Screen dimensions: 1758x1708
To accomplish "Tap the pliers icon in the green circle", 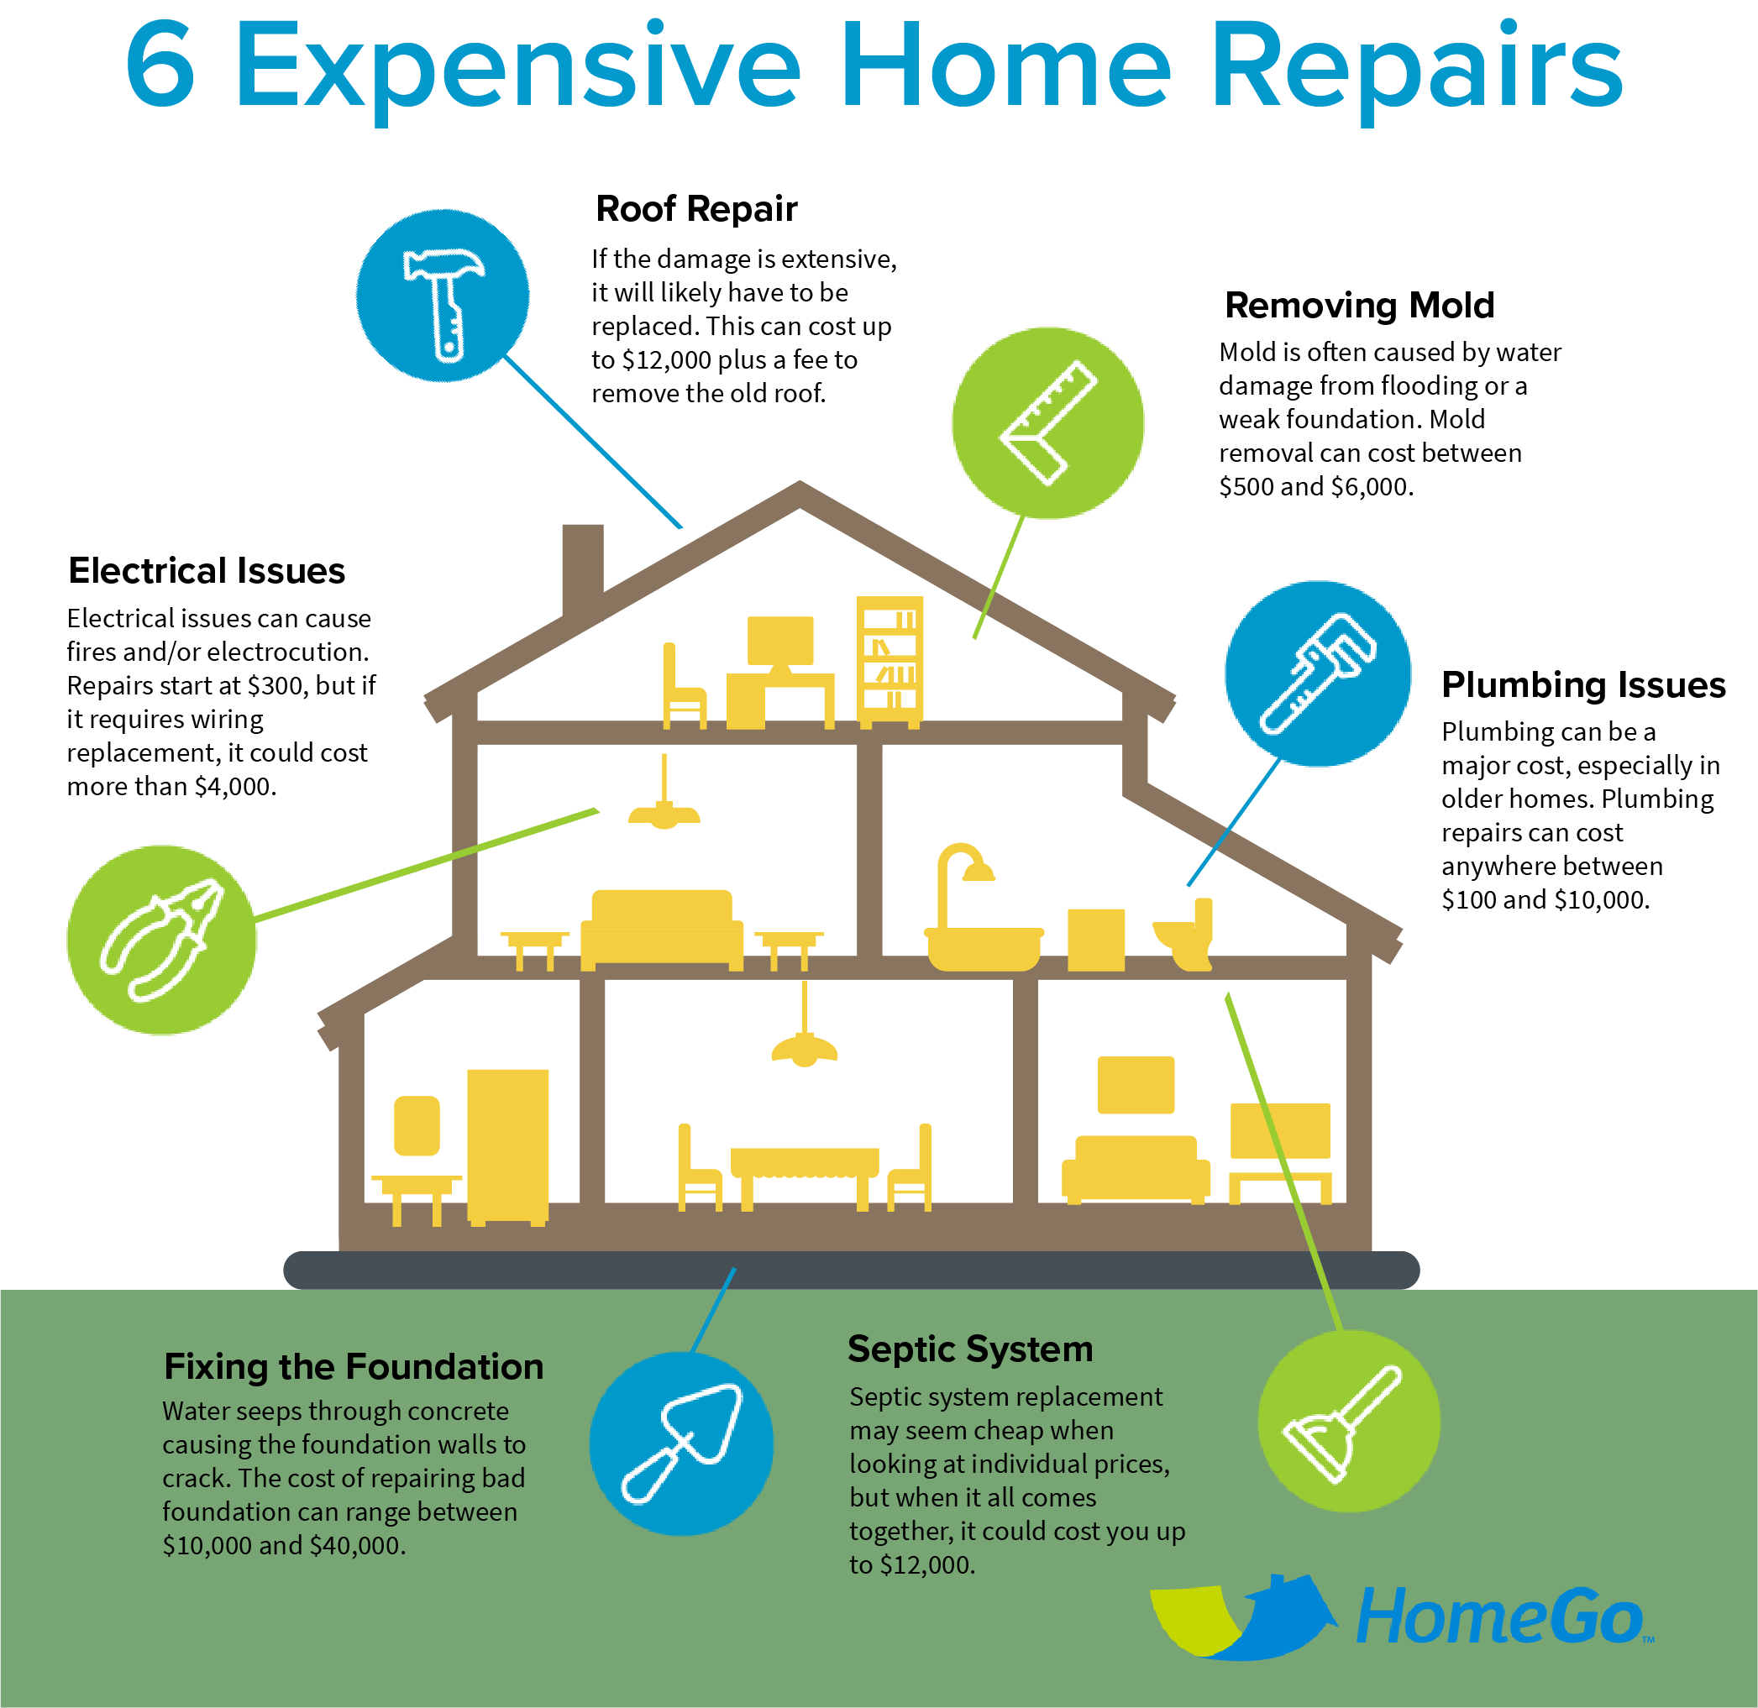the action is click(161, 939).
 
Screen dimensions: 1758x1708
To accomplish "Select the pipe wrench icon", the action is click(1317, 673).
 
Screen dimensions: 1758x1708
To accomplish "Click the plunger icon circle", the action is click(1349, 1421).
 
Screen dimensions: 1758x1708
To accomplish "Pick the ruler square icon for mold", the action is click(1048, 422).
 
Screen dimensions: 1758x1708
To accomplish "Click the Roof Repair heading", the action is click(696, 209).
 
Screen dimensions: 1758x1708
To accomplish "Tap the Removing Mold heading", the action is click(1359, 305).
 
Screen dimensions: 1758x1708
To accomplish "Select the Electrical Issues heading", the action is click(207, 570).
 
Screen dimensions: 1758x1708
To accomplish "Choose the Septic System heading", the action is click(970, 1349).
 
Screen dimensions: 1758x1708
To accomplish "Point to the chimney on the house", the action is click(582, 570).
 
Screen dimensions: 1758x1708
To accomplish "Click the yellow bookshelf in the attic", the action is click(889, 662).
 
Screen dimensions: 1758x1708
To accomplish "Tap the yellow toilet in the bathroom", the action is click(1185, 935).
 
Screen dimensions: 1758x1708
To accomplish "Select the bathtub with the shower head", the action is click(983, 908).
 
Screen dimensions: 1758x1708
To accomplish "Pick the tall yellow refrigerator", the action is click(507, 1147).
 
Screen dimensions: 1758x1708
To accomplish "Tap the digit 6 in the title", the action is click(160, 65).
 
